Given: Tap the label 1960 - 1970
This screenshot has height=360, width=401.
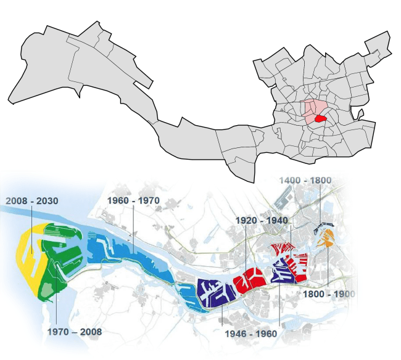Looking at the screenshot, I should (133, 201).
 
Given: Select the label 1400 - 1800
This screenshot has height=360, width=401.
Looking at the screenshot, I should (306, 181).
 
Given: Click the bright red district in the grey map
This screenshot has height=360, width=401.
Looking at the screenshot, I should (320, 120).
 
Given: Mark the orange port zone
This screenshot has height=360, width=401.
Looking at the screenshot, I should (326, 238).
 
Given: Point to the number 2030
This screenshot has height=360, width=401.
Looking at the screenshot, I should (46, 201).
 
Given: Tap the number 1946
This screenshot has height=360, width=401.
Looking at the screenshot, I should (236, 334).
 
